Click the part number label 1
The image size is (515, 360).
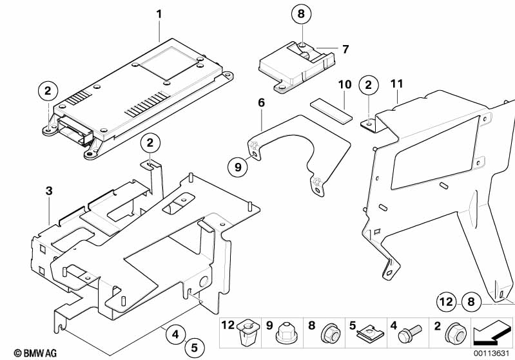point(160,13)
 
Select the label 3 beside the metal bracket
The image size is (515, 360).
point(48,190)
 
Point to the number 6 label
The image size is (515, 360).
point(261,102)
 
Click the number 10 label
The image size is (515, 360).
point(344,84)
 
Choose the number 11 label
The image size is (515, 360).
point(396,83)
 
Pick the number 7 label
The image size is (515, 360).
point(345,49)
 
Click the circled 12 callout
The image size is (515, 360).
point(445,300)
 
